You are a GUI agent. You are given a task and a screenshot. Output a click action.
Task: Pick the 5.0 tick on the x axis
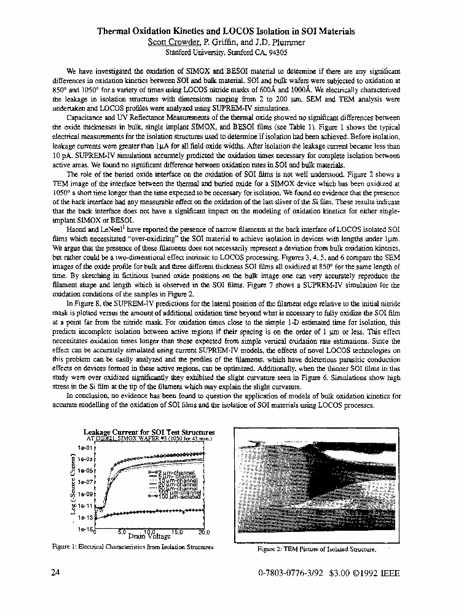click(x=122, y=533)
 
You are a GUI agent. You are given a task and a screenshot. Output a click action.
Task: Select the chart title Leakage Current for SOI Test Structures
click(x=149, y=432)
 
